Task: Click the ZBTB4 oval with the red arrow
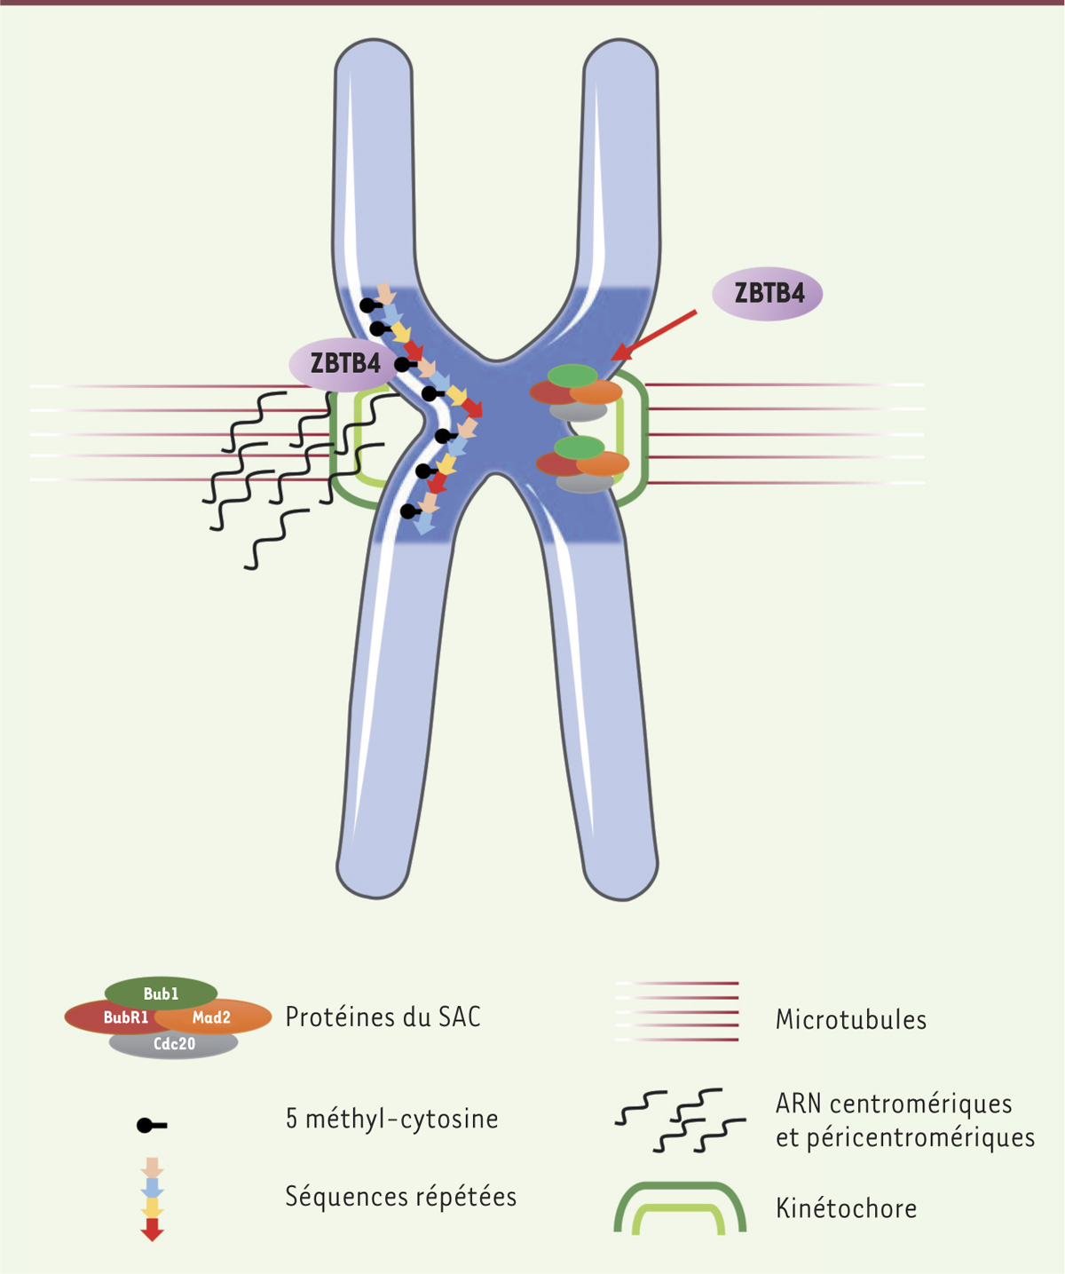[x=769, y=293]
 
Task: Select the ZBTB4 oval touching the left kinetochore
[x=344, y=363]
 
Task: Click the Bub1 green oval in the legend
[x=161, y=993]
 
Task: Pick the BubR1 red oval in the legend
[x=114, y=1017]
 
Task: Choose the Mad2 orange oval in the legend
[x=218, y=1017]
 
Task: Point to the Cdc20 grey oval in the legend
[x=174, y=1044]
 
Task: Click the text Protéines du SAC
[x=383, y=1017]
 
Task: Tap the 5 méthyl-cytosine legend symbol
[x=151, y=1126]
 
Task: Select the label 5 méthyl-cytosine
[x=391, y=1119]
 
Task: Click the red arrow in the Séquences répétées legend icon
[x=153, y=1230]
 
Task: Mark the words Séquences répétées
[x=400, y=1197]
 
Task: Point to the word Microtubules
[x=850, y=1019]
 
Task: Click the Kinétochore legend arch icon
[x=680, y=1207]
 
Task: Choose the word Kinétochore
[x=846, y=1208]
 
